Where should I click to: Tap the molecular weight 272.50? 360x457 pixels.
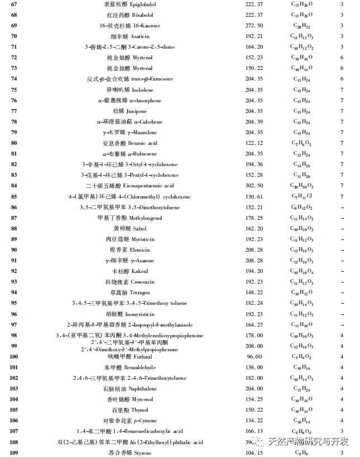pyautogui.click(x=254, y=26)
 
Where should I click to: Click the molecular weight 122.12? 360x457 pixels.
pyautogui.click(x=254, y=143)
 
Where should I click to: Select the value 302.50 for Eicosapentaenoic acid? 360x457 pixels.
pyautogui.click(x=254, y=186)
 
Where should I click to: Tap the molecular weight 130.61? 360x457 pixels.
pyautogui.click(x=254, y=197)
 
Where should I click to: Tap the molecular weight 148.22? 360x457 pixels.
pyautogui.click(x=254, y=293)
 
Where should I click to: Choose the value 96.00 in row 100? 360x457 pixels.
pyautogui.click(x=254, y=357)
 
